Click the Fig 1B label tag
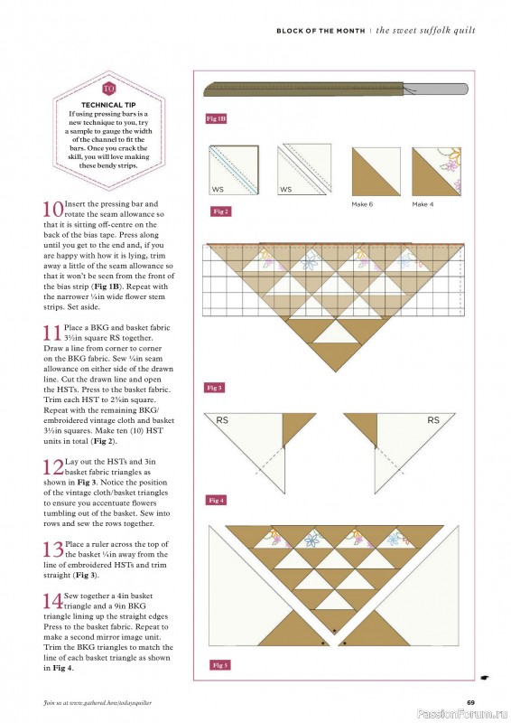[x=216, y=118]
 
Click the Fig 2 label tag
[x=219, y=211]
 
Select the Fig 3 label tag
[x=215, y=388]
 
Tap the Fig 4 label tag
[x=217, y=500]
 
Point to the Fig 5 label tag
[x=220, y=664]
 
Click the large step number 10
[x=53, y=209]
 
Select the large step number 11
[x=53, y=331]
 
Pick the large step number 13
[x=53, y=549]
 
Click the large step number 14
[x=53, y=602]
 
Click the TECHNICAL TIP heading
[x=108, y=105]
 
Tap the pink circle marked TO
[x=109, y=89]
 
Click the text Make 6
[x=362, y=205]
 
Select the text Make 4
[x=423, y=205]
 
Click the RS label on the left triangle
[x=222, y=420]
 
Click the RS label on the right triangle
[x=432, y=420]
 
